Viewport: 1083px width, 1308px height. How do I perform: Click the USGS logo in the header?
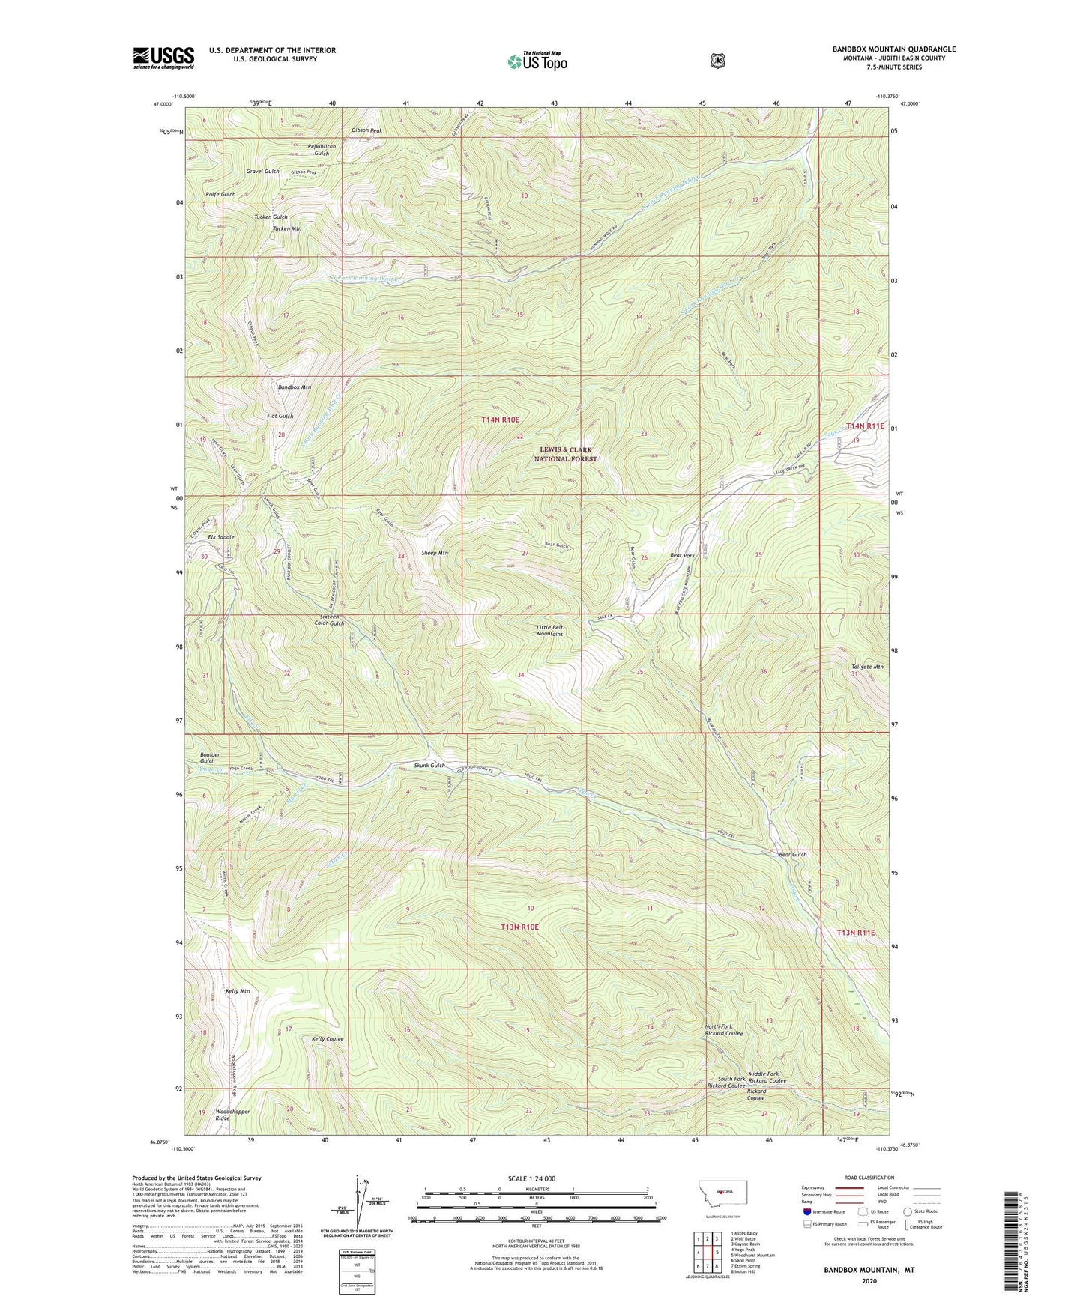(x=163, y=58)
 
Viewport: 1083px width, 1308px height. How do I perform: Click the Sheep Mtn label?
(x=434, y=553)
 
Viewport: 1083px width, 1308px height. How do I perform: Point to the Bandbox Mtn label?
(x=295, y=387)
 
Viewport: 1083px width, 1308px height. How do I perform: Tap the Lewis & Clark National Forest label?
(x=566, y=454)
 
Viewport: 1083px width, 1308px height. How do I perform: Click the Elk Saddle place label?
(x=220, y=537)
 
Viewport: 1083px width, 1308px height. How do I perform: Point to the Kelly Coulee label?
(x=328, y=1039)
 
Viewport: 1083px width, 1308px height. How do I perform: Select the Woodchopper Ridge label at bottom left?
(x=232, y=1115)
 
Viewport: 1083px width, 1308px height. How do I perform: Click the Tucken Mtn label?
(x=287, y=228)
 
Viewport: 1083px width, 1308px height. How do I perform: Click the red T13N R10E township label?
(x=519, y=927)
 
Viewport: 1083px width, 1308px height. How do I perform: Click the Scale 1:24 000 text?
(x=531, y=1179)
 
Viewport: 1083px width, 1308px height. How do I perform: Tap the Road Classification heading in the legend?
(x=869, y=1178)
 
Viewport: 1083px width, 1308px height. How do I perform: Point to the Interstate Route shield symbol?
(x=806, y=1211)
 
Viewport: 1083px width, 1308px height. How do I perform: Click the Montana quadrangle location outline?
(x=722, y=1190)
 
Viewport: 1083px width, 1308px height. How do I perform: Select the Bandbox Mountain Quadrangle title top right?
(x=893, y=49)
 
